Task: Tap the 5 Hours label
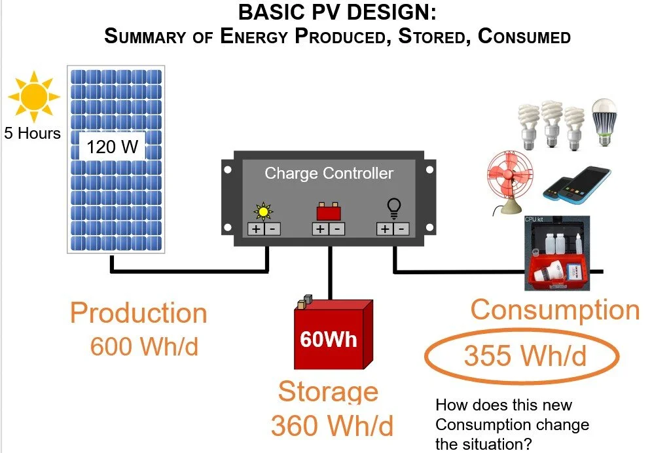(x=32, y=134)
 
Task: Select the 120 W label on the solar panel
(x=113, y=147)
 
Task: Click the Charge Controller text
(x=329, y=173)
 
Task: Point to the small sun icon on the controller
(x=263, y=211)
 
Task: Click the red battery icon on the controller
(x=329, y=212)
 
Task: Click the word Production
(x=138, y=313)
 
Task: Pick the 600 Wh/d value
(x=144, y=346)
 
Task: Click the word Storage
(x=328, y=391)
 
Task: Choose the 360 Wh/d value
(x=332, y=426)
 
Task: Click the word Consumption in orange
(x=554, y=309)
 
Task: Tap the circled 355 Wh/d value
(x=524, y=356)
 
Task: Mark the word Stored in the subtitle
(x=427, y=35)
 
